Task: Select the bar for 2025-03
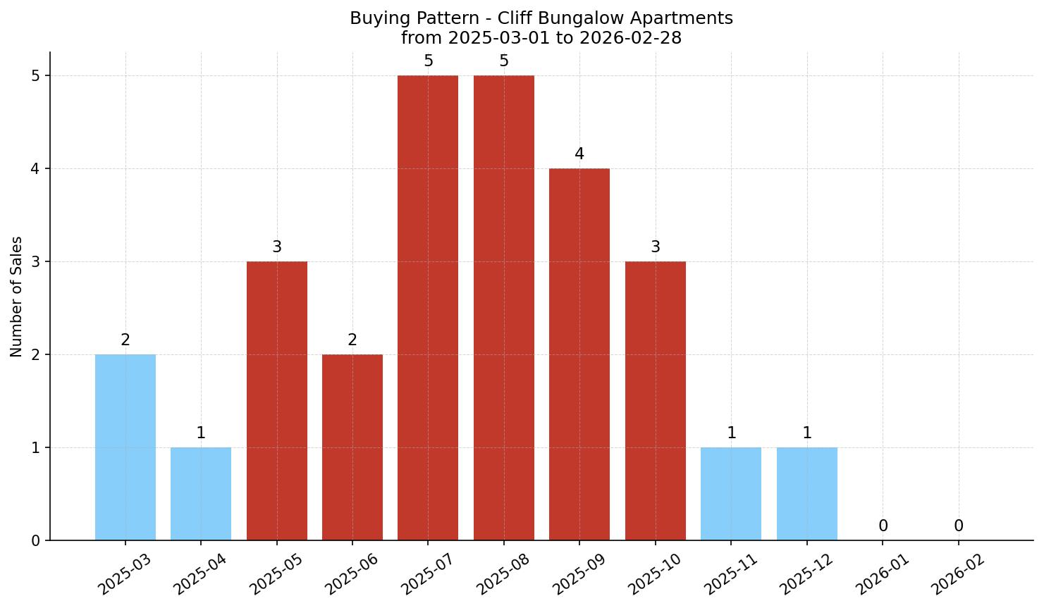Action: [x=125, y=447]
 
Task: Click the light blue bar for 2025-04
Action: [x=201, y=494]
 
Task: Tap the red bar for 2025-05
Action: [x=277, y=401]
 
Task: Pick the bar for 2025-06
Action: [x=352, y=447]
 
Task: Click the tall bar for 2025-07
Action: [x=428, y=308]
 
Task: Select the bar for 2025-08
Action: [x=504, y=308]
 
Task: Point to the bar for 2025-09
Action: [x=579, y=354]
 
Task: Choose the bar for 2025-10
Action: [x=656, y=401]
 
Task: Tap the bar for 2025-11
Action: [x=731, y=494]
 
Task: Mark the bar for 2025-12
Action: [x=807, y=494]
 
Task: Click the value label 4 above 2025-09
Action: [x=579, y=154]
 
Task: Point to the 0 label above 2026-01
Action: [x=883, y=526]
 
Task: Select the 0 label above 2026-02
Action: [x=959, y=526]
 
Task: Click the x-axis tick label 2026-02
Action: [x=956, y=574]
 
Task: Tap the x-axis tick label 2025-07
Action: [x=426, y=574]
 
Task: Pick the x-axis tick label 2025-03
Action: [x=123, y=574]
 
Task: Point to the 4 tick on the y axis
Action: [x=36, y=169]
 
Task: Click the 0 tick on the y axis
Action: [x=36, y=541]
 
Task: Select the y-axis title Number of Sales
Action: [x=17, y=297]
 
